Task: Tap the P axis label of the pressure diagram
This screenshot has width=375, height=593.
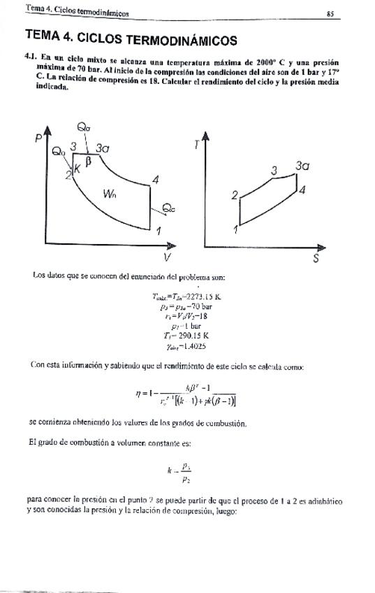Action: point(38,140)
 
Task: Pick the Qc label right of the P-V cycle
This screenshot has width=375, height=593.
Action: point(169,208)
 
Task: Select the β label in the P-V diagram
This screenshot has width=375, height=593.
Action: point(88,161)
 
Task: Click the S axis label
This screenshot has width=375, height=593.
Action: point(316,258)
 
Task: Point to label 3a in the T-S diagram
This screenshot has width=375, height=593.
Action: point(302,166)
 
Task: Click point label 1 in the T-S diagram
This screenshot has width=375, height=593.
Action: point(236,229)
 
